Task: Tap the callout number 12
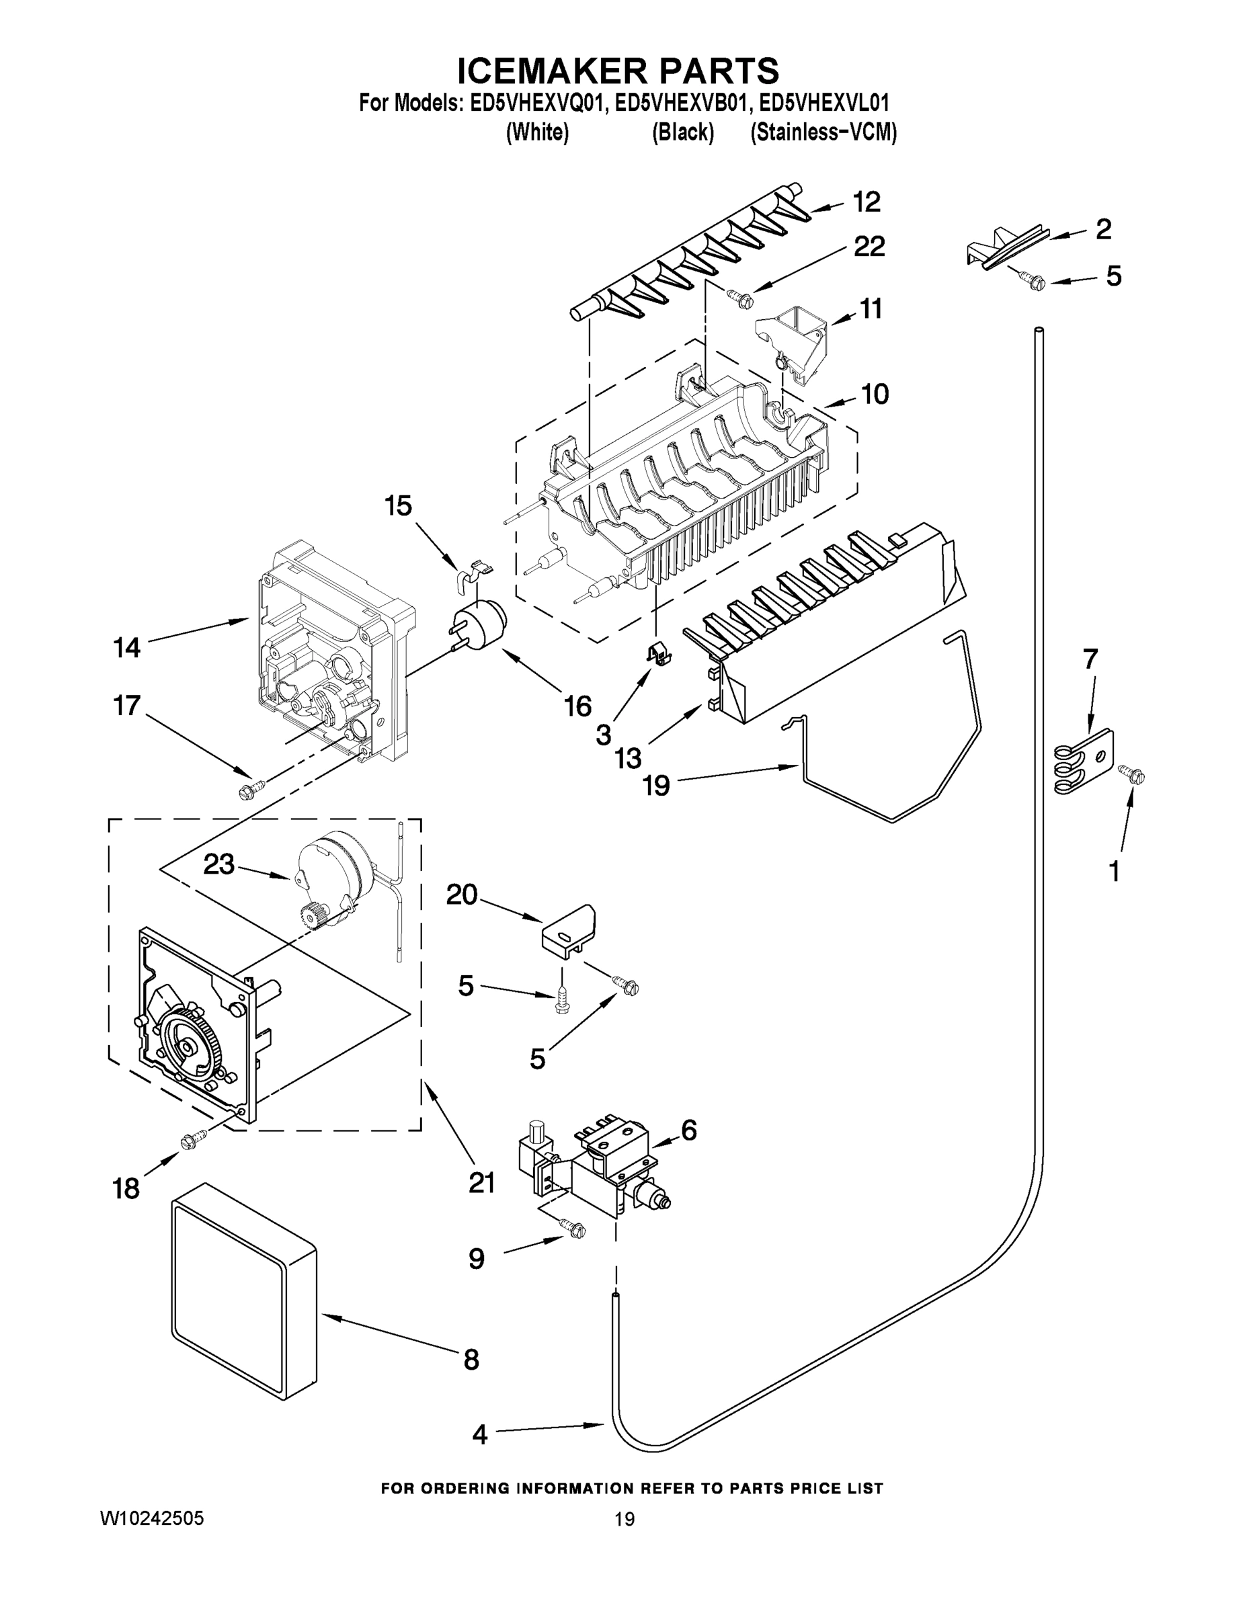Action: point(867,202)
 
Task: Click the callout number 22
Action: point(869,247)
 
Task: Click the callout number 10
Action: point(875,395)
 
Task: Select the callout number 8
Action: point(471,1360)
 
